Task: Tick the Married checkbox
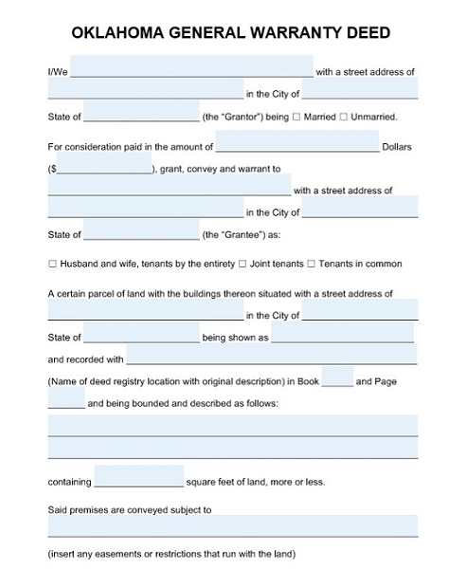pos(296,118)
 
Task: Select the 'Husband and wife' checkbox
pos(53,264)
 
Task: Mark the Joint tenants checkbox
pos(243,264)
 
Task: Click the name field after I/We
pos(191,68)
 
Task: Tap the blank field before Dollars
pos(297,144)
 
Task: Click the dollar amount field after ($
pos(104,168)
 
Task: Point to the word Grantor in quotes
pos(237,118)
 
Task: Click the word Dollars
pos(398,148)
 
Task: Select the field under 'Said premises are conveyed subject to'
pos(233,525)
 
